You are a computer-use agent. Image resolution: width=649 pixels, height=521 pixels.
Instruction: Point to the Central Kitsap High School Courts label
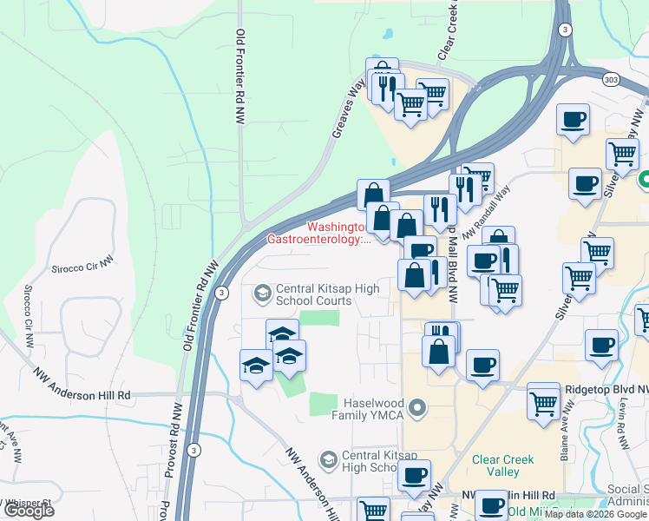(313, 295)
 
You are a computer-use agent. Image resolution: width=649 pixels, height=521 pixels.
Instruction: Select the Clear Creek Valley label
(496, 466)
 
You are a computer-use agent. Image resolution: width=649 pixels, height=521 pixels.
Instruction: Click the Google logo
(29, 511)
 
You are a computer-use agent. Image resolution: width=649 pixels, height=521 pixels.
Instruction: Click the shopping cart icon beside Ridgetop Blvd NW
(543, 403)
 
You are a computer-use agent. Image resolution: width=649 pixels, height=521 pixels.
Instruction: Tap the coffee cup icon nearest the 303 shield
(573, 120)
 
